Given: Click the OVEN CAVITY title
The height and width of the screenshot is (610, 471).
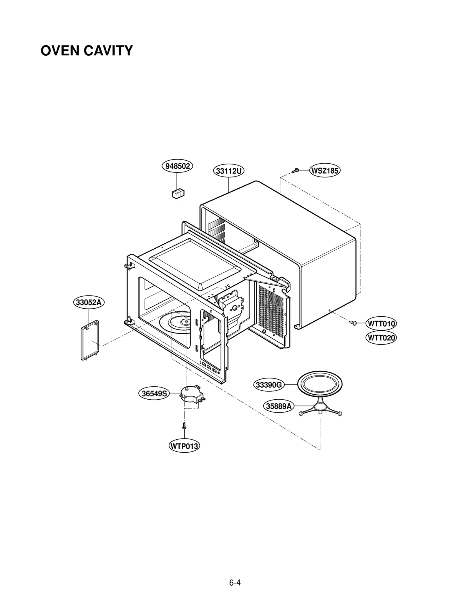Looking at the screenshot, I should pyautogui.click(x=87, y=51).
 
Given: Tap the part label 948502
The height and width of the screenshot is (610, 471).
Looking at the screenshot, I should pyautogui.click(x=177, y=166).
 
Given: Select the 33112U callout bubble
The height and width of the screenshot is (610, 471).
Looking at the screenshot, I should pyautogui.click(x=228, y=171).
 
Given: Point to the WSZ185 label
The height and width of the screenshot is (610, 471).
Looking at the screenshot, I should pyautogui.click(x=325, y=171).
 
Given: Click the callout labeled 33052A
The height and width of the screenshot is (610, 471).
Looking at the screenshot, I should pyautogui.click(x=89, y=302).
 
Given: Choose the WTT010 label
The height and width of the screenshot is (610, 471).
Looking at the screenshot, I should pyautogui.click(x=381, y=324).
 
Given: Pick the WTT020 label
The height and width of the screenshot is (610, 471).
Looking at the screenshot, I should pyautogui.click(x=381, y=338).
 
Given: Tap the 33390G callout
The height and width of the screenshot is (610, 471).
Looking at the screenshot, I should pyautogui.click(x=269, y=385).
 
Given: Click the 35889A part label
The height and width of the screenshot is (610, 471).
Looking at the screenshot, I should pyautogui.click(x=278, y=406).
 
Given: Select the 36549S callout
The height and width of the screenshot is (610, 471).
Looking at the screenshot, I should pyautogui.click(x=154, y=393).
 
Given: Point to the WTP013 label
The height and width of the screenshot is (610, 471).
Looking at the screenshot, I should pyautogui.click(x=184, y=446).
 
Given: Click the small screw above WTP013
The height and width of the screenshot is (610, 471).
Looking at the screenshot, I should pyautogui.click(x=184, y=425).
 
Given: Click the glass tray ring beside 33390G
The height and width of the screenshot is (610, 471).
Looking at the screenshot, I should pyautogui.click(x=320, y=385).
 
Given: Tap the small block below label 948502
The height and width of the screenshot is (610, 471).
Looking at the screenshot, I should pyautogui.click(x=178, y=193).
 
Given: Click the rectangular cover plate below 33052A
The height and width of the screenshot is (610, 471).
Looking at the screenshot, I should pyautogui.click(x=90, y=340).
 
